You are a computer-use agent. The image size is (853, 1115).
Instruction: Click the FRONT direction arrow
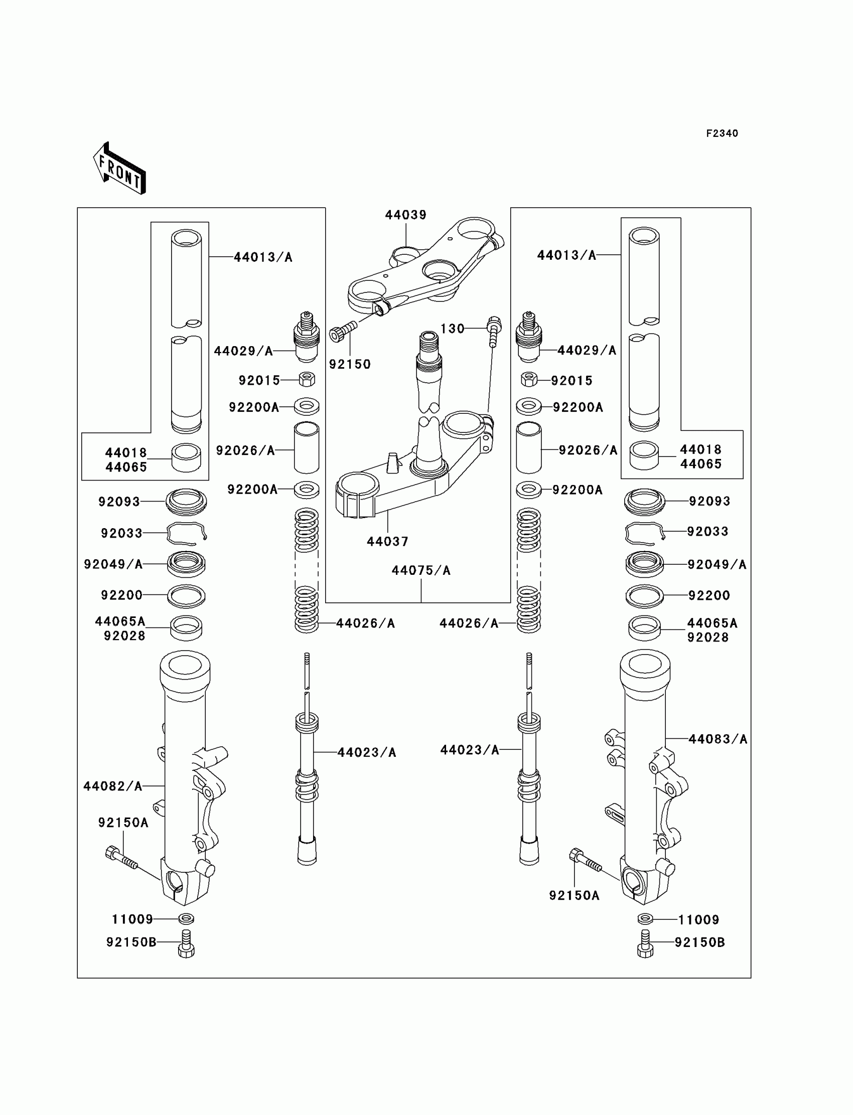coord(119,169)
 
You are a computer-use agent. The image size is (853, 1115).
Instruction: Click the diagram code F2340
coord(722,133)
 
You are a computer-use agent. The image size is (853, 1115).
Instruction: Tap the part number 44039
coord(405,215)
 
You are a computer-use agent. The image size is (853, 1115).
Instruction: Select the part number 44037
coord(387,542)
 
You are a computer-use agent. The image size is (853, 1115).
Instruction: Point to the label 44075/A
coord(421,570)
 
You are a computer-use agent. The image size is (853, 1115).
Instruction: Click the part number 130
coord(453,329)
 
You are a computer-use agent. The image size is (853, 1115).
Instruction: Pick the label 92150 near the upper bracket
coord(350,364)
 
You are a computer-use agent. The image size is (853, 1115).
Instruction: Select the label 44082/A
coord(113,786)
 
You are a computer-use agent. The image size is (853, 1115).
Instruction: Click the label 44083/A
coord(718,739)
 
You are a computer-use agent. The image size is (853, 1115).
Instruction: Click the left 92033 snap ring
coord(186,533)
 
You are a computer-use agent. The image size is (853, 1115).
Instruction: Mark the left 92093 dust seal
coord(186,502)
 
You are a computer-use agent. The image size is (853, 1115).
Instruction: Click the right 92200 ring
coord(644,595)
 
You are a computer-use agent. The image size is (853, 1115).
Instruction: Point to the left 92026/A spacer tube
coord(307,448)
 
